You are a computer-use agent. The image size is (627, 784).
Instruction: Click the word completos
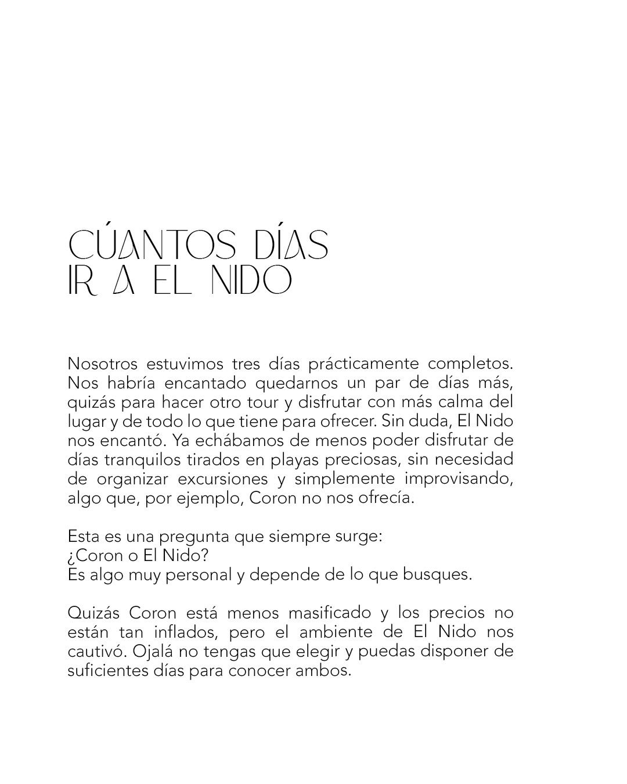[x=470, y=364]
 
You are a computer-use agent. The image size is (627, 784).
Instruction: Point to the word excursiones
[x=223, y=479]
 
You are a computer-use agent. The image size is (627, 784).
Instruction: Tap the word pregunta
[x=189, y=537]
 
